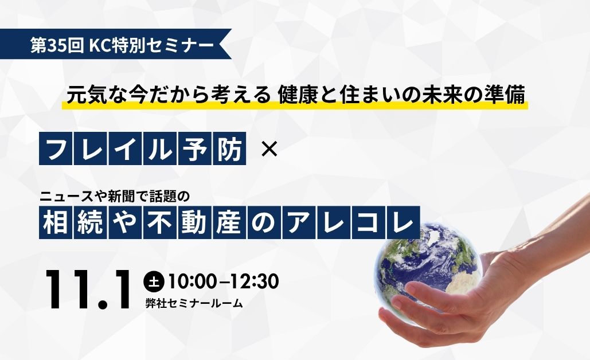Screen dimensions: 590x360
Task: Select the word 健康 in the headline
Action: (293, 95)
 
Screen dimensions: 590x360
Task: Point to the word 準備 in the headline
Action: (510, 95)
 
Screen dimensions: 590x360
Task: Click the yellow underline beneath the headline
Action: (295, 105)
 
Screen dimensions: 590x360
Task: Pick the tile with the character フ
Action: (56, 148)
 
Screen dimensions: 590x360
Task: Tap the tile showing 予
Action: (195, 148)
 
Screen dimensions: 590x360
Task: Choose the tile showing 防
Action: (229, 148)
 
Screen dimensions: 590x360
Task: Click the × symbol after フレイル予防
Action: (269, 150)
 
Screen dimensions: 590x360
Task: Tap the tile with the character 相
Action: (56, 222)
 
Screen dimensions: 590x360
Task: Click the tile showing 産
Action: (229, 222)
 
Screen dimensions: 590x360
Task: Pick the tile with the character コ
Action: (369, 222)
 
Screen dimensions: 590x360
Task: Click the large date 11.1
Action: (89, 289)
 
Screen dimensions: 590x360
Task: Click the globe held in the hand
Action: (428, 270)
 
